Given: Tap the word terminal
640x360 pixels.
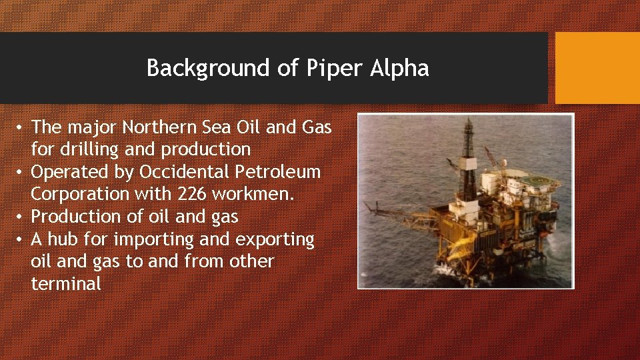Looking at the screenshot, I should click(66, 283).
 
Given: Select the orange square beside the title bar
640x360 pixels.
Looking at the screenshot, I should click(597, 68).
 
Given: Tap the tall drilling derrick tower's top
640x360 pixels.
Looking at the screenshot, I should click(469, 123).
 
